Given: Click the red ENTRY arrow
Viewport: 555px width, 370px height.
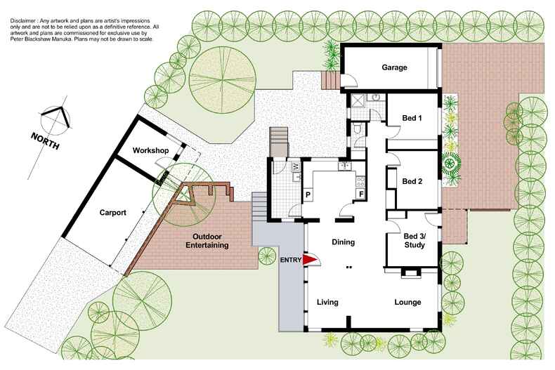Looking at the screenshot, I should (310, 260).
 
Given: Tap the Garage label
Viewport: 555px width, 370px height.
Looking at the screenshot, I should (395, 68).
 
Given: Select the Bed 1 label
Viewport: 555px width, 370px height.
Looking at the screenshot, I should (412, 118).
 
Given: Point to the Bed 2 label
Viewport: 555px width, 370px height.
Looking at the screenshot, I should (412, 181).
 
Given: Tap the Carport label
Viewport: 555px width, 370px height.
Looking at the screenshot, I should (112, 212).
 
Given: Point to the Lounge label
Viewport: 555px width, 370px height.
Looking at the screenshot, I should (407, 303).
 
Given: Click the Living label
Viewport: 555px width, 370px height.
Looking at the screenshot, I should (327, 303).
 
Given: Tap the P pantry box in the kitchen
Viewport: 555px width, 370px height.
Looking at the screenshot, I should (308, 194).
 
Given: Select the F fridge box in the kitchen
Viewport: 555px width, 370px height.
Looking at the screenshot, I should (361, 194).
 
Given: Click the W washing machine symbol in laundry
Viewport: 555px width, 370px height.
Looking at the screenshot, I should (295, 166).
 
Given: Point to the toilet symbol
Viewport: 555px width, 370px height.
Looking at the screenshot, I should (358, 128).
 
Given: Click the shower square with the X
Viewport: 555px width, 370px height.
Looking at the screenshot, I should (358, 100).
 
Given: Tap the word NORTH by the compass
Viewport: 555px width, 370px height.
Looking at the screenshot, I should (44, 138).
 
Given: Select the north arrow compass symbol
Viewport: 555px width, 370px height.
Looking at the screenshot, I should (56, 117).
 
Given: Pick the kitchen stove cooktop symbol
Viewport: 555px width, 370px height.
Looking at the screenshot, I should (344, 166).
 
